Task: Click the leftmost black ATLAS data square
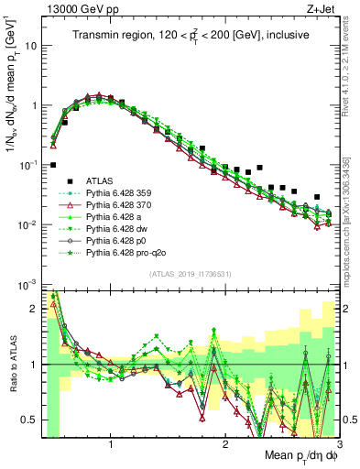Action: [53, 165]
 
